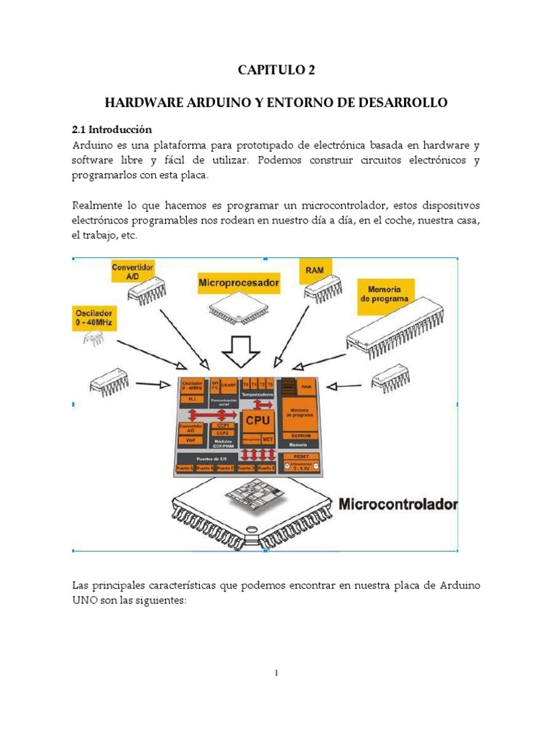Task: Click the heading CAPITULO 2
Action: pos(276,70)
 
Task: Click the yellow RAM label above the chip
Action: pos(315,270)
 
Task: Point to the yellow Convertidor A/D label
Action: pos(132,272)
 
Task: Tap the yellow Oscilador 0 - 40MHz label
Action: pos(95,318)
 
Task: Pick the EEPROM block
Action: pos(297,436)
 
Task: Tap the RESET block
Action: pos(296,456)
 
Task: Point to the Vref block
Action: pos(190,440)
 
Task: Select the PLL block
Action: pos(191,397)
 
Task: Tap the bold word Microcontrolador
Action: pos(397,504)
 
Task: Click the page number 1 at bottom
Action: pos(276,673)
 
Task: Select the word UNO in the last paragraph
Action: pos(86,601)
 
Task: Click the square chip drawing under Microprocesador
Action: pos(236,308)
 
